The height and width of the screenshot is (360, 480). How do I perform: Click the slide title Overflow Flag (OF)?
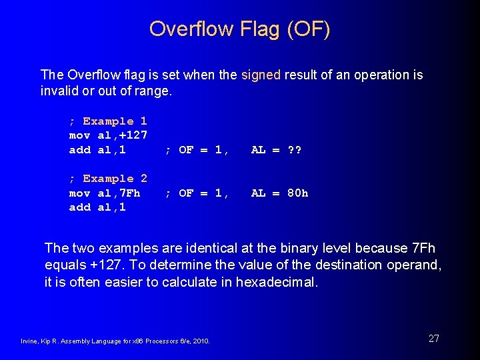[x=239, y=29]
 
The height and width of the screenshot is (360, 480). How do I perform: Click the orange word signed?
[x=261, y=75]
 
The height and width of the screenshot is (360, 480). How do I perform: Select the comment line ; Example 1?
[x=108, y=121]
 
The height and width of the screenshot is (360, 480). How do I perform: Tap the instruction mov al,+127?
[x=108, y=135]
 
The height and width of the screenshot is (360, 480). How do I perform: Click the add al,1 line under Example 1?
[x=97, y=150]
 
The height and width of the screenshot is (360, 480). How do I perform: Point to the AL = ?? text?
[x=276, y=150]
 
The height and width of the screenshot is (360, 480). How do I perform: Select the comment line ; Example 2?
[x=108, y=179]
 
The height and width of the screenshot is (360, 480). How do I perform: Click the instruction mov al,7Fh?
[x=105, y=193]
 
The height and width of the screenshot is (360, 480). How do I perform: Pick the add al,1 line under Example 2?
[x=97, y=207]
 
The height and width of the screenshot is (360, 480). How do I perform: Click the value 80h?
[x=297, y=193]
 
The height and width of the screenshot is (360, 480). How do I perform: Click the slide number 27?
[x=433, y=339]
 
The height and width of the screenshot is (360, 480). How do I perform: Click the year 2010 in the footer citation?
[x=201, y=341]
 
